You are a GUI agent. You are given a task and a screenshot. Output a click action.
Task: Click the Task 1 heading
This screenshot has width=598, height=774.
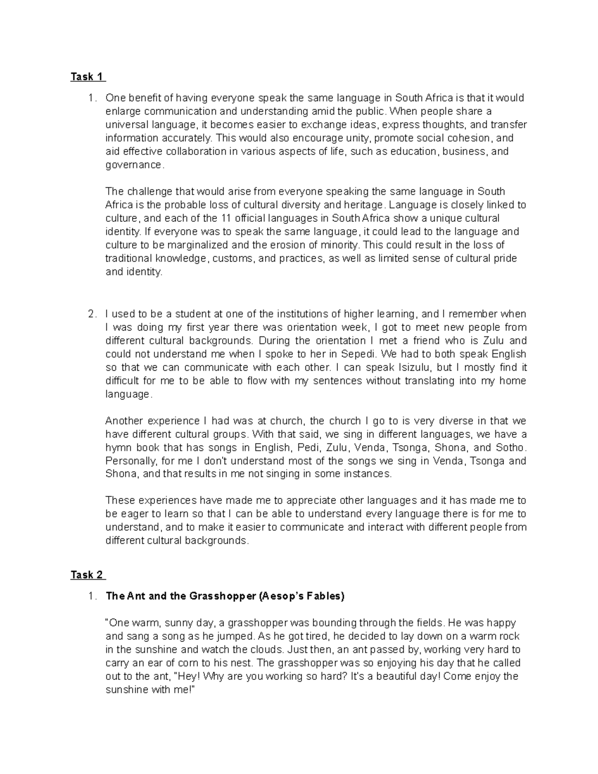(x=87, y=77)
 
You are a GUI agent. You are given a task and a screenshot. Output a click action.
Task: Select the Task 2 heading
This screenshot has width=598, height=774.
(x=87, y=575)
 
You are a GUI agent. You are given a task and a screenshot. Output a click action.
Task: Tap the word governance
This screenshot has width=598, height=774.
(x=134, y=165)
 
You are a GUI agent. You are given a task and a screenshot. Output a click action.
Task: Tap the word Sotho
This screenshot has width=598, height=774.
(x=510, y=448)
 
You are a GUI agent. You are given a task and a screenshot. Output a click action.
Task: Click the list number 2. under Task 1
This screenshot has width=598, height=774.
(x=92, y=314)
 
